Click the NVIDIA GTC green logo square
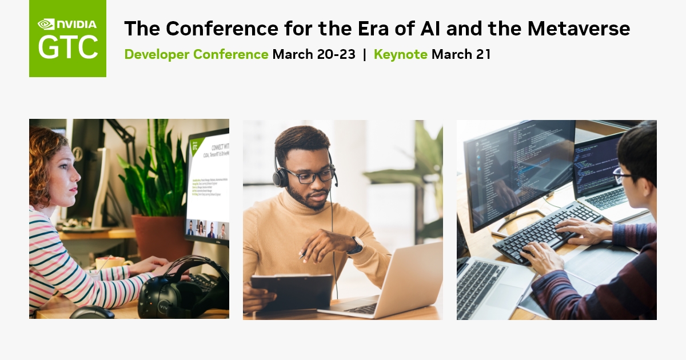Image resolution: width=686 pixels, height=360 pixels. tap(67, 38)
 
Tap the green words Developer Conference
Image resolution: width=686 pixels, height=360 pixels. tap(196, 55)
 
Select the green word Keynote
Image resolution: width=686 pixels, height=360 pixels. tap(400, 55)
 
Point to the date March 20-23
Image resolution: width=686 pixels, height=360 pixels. tap(314, 55)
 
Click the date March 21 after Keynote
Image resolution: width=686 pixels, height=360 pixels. tap(461, 55)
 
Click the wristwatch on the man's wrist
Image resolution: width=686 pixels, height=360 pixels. tap(357, 245)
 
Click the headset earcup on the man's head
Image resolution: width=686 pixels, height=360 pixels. tap(280, 178)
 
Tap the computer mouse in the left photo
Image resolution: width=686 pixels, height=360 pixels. tap(91, 313)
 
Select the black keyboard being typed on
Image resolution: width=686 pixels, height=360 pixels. tap(543, 231)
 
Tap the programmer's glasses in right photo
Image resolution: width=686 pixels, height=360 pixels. tap(622, 173)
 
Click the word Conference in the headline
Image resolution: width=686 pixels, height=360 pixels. tap(222, 28)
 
